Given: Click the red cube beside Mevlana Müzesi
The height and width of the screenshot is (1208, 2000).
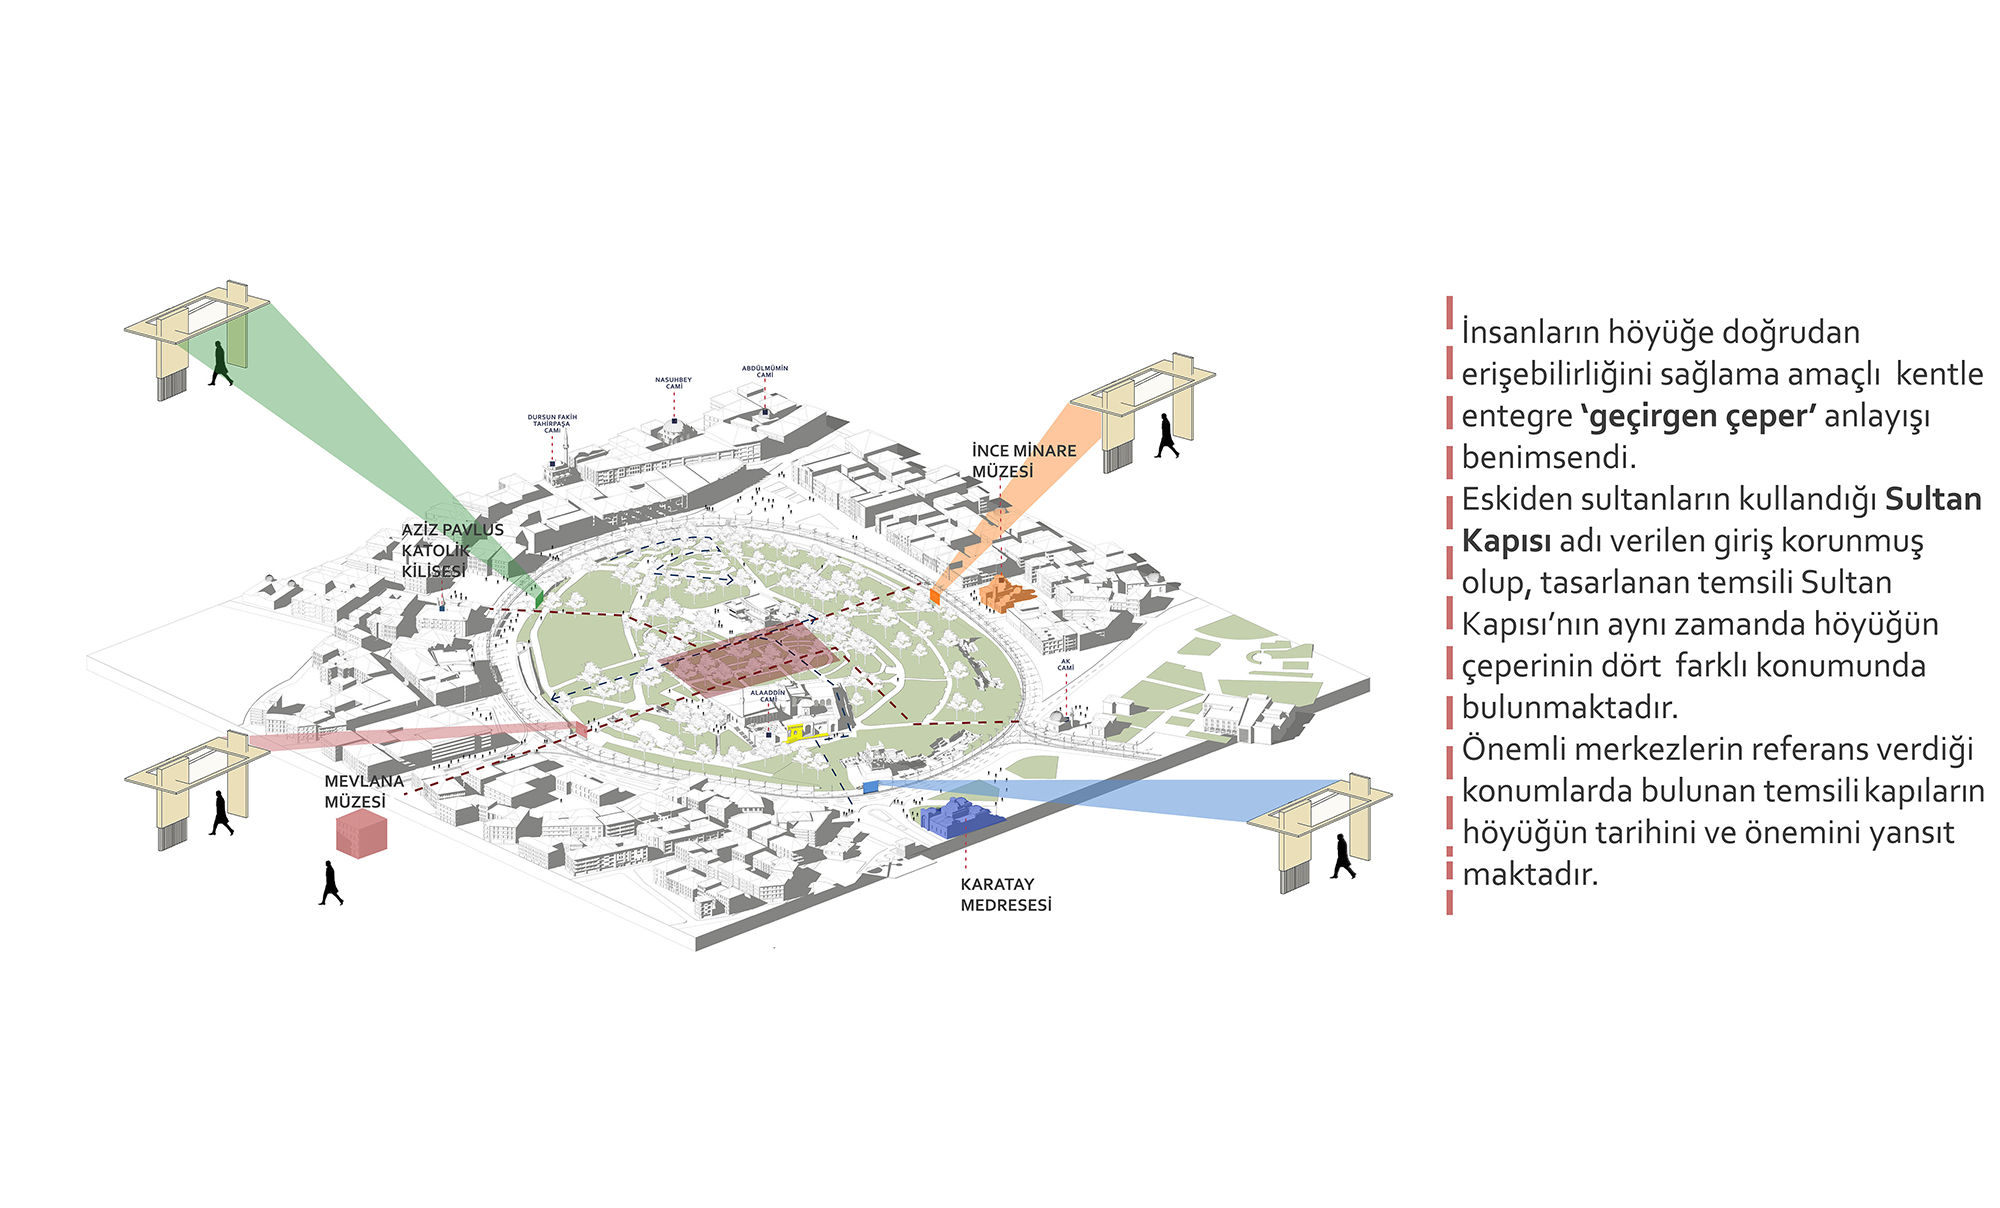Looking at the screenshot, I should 361,833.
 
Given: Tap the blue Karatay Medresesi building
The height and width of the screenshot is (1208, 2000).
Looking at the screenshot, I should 960,817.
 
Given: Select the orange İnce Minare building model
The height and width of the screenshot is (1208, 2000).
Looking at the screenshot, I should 1006,594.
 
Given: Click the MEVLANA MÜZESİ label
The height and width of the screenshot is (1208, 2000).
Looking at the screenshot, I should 363,792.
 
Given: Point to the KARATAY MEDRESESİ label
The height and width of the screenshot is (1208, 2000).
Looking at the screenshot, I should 1005,895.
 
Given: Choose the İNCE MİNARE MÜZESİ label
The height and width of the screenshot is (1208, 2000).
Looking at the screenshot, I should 1023,461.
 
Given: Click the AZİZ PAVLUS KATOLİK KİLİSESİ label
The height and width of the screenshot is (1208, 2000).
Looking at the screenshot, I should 452,550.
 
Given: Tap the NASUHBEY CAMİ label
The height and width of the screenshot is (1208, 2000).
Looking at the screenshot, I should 673,383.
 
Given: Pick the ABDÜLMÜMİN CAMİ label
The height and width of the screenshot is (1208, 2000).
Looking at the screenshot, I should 764,371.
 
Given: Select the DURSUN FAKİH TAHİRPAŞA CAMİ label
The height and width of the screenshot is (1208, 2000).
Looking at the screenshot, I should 552,423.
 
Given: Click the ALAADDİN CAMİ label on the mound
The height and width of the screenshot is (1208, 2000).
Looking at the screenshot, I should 768,695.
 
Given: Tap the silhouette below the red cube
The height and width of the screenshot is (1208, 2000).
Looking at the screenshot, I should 331,883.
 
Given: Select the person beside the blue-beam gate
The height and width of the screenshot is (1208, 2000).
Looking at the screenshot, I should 1343,857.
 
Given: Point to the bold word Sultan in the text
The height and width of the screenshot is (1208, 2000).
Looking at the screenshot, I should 1932,499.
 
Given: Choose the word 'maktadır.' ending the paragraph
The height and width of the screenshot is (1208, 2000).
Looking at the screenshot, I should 1530,874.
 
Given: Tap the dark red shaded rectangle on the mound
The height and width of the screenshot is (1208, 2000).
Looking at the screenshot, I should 748,657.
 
